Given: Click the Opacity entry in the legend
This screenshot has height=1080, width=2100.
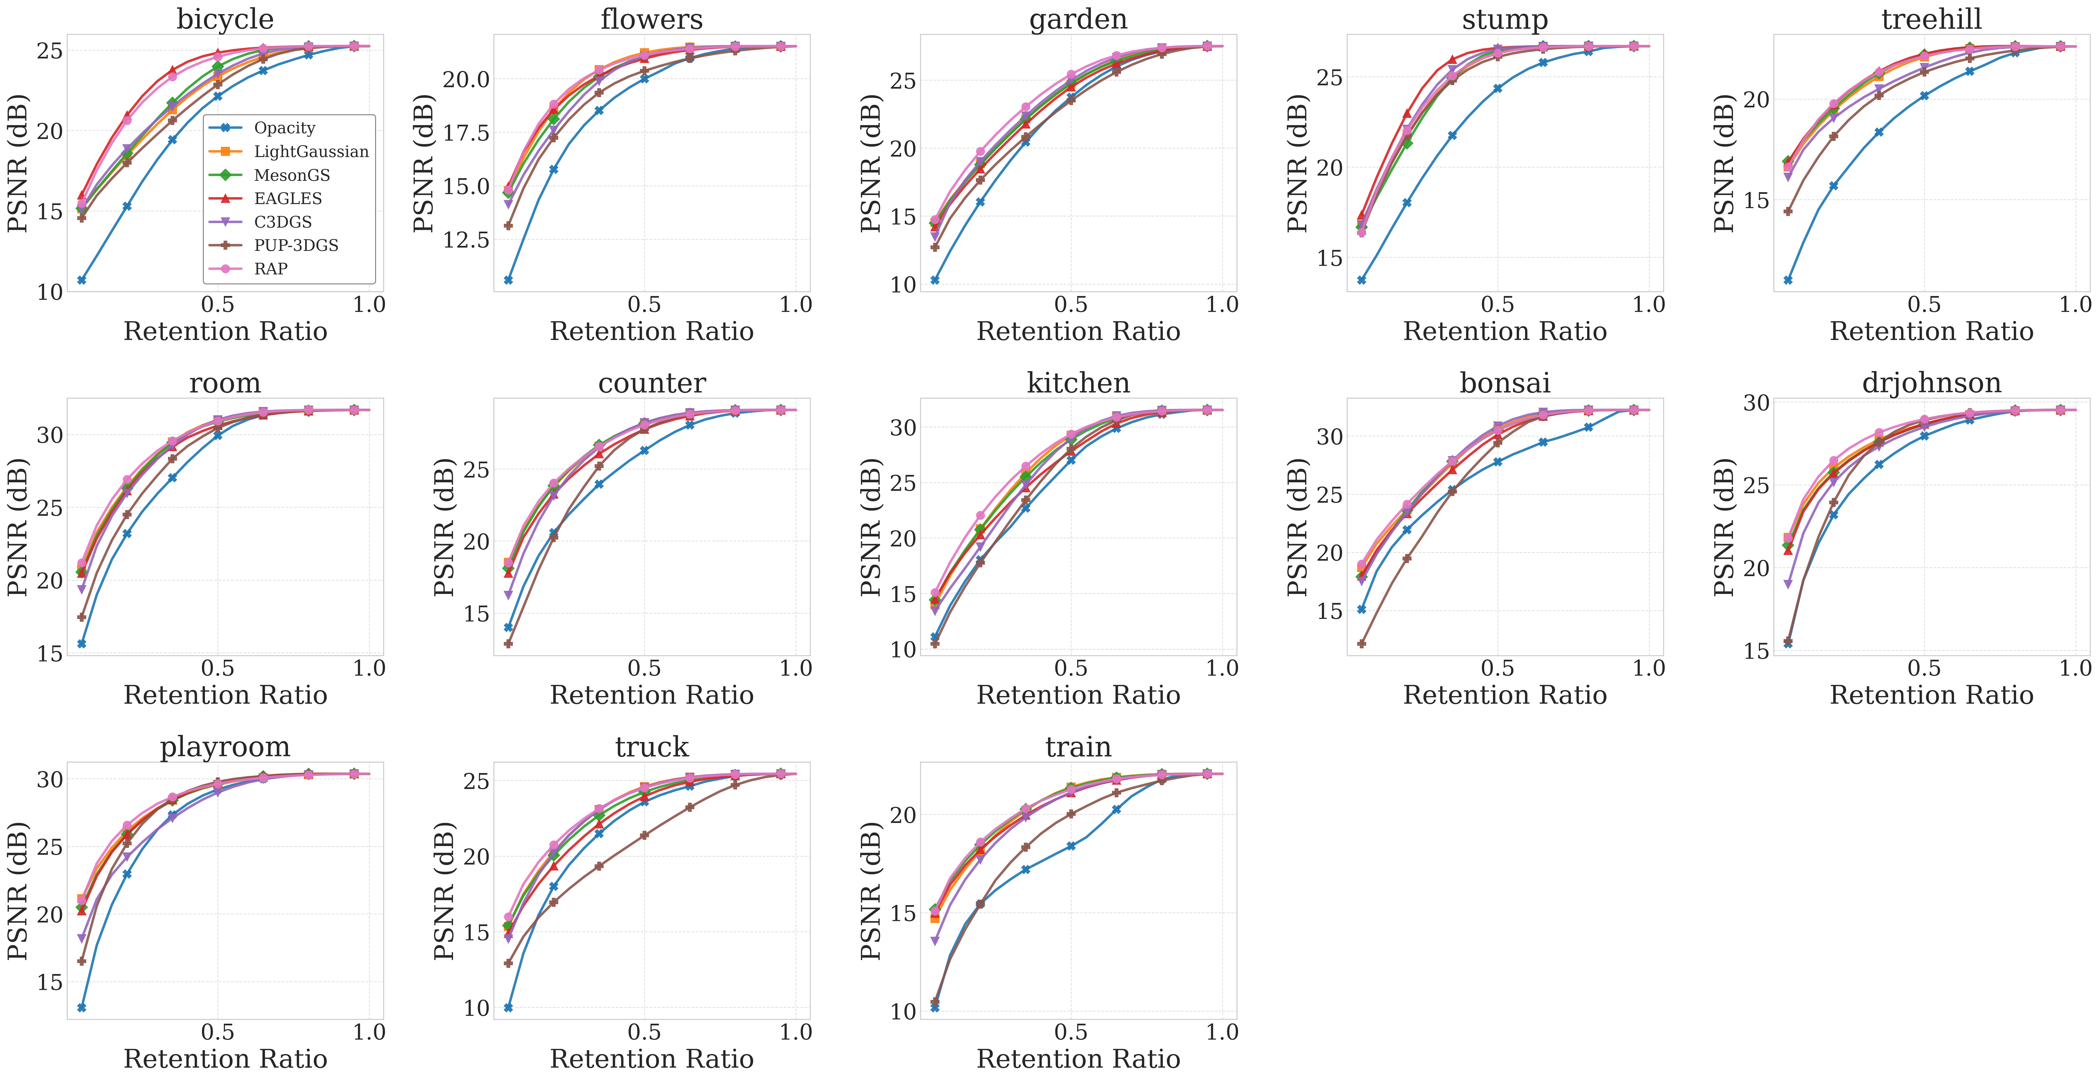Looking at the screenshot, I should [x=284, y=128].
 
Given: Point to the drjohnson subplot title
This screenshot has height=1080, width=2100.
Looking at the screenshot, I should [x=1931, y=382].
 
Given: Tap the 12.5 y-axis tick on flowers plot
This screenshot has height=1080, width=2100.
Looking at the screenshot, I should [x=466, y=240].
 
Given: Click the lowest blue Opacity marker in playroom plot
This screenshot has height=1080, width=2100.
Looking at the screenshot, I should [x=81, y=1008].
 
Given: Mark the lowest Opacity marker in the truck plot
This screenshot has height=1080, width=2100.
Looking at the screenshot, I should [x=508, y=1008].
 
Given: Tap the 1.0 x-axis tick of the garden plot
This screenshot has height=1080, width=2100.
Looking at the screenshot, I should [x=1222, y=305].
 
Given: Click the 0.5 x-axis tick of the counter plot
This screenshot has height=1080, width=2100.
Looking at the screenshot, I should [x=644, y=668].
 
